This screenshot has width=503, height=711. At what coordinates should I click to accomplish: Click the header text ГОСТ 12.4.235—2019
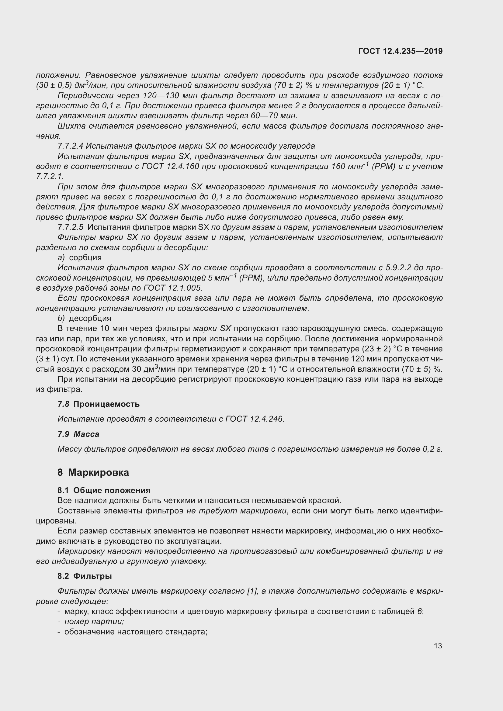[x=400, y=51]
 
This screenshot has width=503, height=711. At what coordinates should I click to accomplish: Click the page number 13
[x=438, y=646]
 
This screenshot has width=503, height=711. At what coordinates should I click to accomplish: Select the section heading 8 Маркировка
[x=93, y=472]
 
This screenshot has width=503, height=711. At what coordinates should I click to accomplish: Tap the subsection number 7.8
[x=64, y=404]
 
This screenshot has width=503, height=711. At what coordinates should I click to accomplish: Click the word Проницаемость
[x=106, y=404]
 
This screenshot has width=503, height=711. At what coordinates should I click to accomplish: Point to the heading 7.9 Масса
[x=78, y=434]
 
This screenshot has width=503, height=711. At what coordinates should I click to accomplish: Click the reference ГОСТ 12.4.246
[x=255, y=419]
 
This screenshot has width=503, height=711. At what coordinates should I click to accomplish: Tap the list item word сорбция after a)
[x=85, y=258]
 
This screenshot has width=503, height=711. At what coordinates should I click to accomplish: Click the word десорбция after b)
[x=90, y=318]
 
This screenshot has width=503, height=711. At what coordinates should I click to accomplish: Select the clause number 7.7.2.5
[x=70, y=227]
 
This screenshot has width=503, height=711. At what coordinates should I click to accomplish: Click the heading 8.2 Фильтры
[x=85, y=576]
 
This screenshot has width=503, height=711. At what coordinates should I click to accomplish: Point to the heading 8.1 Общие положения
[x=104, y=490]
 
